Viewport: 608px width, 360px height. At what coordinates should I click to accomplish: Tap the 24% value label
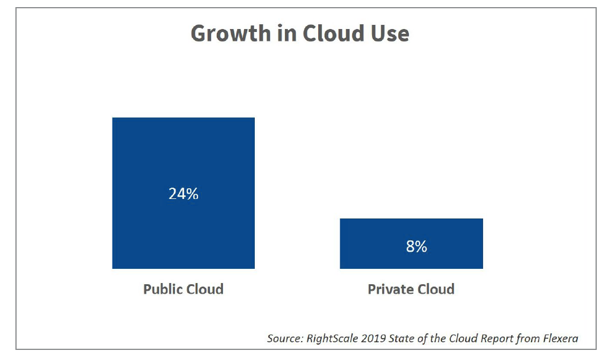(183, 194)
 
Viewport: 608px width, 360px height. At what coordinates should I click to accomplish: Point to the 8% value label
(417, 246)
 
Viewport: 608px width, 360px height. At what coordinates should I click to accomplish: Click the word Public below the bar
(162, 290)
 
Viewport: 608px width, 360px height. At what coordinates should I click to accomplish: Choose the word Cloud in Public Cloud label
(204, 290)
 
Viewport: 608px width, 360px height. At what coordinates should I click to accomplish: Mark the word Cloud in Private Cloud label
(434, 290)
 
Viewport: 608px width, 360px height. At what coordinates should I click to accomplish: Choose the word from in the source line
(523, 339)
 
